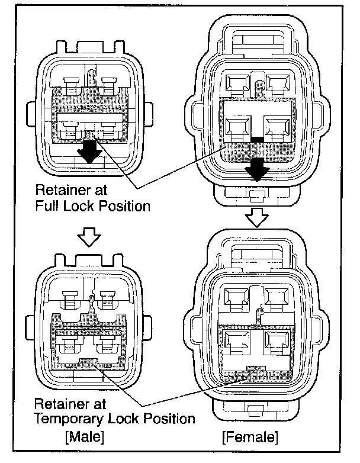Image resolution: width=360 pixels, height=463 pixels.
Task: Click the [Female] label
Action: (249, 438)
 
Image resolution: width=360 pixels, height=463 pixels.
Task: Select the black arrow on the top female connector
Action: (258, 169)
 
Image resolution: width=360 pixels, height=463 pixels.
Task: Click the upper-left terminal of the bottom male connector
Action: (70, 300)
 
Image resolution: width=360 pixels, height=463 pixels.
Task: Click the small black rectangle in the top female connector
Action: (256, 140)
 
